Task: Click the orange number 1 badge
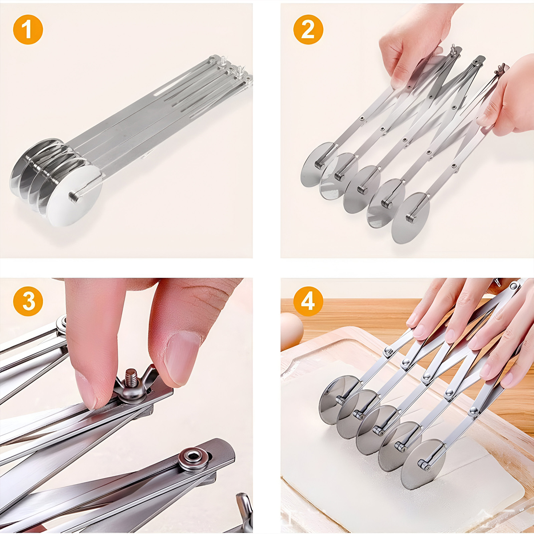point(28,29)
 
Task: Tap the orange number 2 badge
point(308,29)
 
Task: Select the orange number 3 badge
point(28,301)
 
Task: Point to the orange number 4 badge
point(308,301)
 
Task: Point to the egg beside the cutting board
point(291,331)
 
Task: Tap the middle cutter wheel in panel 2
point(362,189)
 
